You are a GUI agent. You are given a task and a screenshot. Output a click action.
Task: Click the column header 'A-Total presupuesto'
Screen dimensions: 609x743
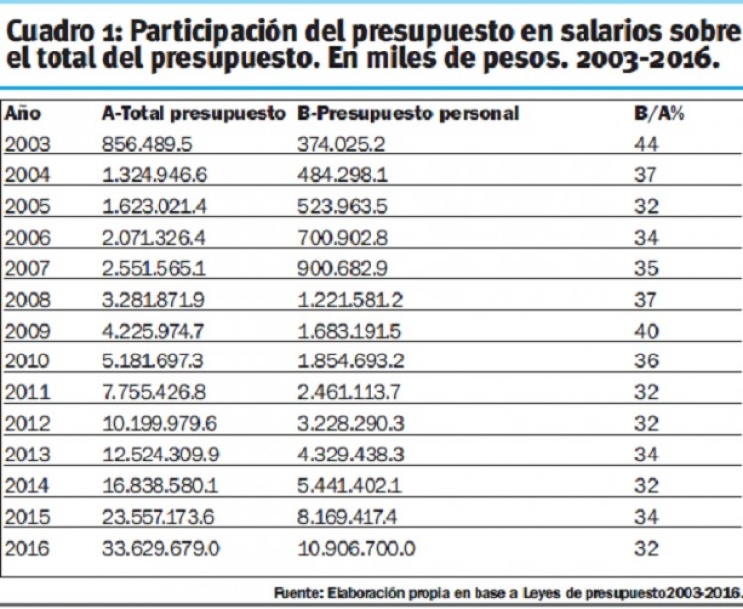[192, 113]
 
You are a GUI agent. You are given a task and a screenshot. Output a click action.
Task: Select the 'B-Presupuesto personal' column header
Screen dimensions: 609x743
[408, 113]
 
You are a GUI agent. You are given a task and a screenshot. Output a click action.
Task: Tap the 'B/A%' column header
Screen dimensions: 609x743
[659, 113]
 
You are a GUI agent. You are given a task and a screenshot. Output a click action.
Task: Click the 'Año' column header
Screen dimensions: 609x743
[23, 113]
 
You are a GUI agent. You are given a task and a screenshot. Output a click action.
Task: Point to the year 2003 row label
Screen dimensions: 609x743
[27, 144]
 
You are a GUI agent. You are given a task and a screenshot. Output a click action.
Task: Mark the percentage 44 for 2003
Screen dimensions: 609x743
[646, 144]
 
